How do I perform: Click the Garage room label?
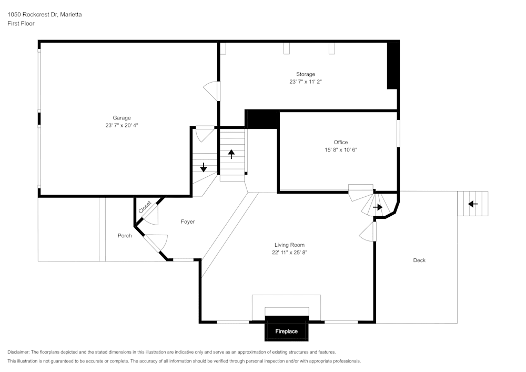coord(122,118)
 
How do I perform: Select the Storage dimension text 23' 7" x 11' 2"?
coord(305,82)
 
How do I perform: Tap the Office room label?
coord(340,142)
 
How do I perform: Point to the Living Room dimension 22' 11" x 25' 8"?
coord(289,253)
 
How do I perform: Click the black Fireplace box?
coord(287,331)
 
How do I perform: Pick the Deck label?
coord(419,260)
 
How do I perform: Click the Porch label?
coord(125,235)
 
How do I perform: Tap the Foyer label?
coord(188,222)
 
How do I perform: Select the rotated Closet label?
coord(145,207)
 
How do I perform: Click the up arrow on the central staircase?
coord(231,154)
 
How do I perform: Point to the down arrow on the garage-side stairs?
coord(204,167)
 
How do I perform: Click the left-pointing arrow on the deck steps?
coord(473,204)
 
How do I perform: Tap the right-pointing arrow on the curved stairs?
coord(378,207)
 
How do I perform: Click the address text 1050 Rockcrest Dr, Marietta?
coord(45,15)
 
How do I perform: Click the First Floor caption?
coord(21,24)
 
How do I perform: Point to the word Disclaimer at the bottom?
coord(18,352)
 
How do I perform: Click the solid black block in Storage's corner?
coord(392,66)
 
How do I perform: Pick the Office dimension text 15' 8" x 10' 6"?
coord(340,150)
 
